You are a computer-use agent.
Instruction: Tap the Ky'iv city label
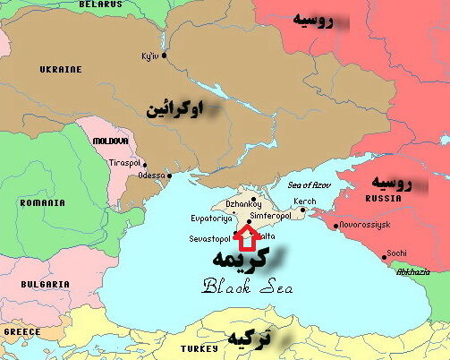coord(149,56)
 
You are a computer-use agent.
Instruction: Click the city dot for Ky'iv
coord(165,55)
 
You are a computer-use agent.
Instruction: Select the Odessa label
coord(151,176)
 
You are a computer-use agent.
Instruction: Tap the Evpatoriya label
coord(212,218)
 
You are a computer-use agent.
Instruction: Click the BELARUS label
coord(99,4)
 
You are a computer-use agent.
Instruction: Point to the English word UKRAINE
coord(61,69)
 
